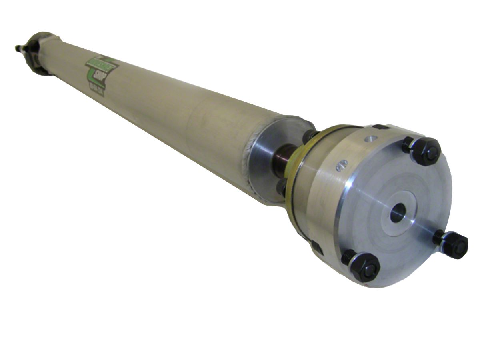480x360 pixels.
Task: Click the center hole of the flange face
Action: pyautogui.click(x=398, y=212)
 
